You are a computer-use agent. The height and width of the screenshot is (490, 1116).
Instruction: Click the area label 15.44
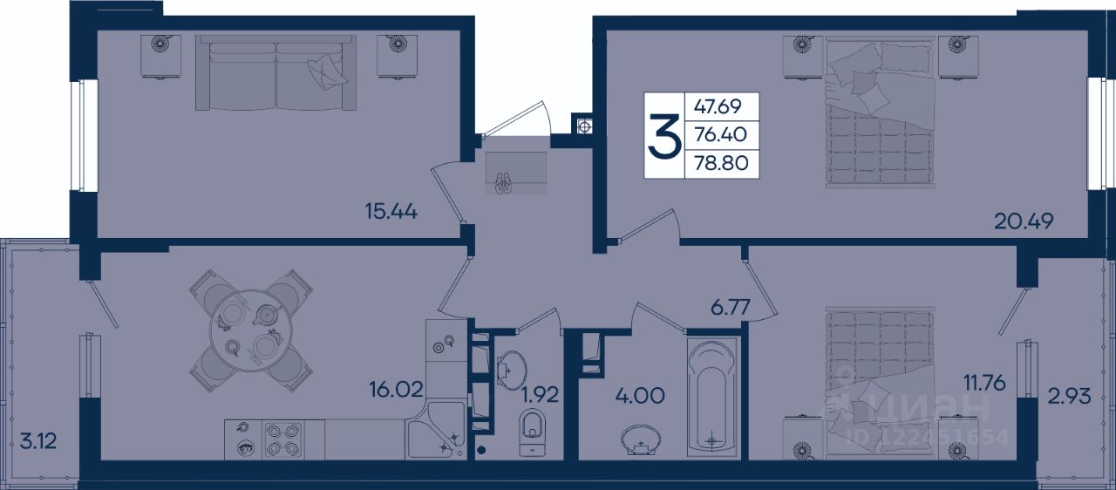[x=391, y=212]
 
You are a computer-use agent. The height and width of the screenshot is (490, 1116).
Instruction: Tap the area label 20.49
[x=1024, y=221]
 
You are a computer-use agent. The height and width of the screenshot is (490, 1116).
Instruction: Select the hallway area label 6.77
[x=731, y=307]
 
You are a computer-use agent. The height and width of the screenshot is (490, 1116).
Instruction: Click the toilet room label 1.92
[x=540, y=394]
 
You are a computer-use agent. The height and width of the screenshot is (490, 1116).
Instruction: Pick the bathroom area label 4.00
[x=640, y=396]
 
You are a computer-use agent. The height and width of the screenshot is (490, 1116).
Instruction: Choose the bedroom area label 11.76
[x=984, y=384]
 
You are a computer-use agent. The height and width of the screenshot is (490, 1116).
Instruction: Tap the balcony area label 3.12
[x=37, y=441]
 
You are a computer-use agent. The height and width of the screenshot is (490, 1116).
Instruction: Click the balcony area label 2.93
[x=1070, y=397]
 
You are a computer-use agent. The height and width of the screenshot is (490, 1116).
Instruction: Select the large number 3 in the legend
[x=664, y=135]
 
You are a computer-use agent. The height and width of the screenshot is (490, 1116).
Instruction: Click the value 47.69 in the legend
[x=718, y=106]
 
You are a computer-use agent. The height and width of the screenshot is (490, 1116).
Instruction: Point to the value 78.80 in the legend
[x=721, y=163]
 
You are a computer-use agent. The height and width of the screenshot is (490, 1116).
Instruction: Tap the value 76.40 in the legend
[x=720, y=134]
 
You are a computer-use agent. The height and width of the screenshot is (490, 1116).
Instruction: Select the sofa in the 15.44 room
[x=276, y=72]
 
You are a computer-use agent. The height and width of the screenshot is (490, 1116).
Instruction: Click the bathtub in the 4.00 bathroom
[x=712, y=397]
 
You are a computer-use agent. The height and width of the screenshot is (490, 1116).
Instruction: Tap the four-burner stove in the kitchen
[x=283, y=439]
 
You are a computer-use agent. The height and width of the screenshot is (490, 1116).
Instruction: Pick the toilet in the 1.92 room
[x=532, y=432]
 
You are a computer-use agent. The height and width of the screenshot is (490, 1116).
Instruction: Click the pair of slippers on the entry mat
[x=503, y=183]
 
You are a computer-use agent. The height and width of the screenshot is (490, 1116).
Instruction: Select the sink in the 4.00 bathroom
[x=642, y=439]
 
